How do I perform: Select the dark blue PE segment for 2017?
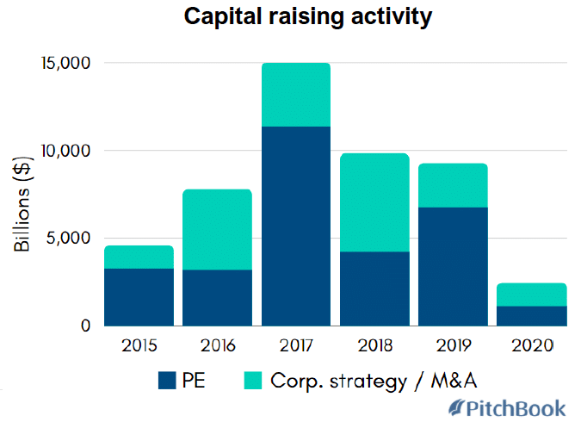(295, 226)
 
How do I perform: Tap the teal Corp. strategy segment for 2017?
(295, 95)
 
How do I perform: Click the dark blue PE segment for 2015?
(139, 297)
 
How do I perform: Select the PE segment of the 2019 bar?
(452, 266)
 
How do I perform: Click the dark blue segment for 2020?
(531, 316)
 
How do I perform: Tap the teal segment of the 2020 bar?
(531, 295)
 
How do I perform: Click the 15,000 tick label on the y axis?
(64, 64)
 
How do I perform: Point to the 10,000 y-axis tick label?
(64, 151)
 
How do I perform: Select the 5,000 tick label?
(68, 239)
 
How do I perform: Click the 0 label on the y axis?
(84, 326)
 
